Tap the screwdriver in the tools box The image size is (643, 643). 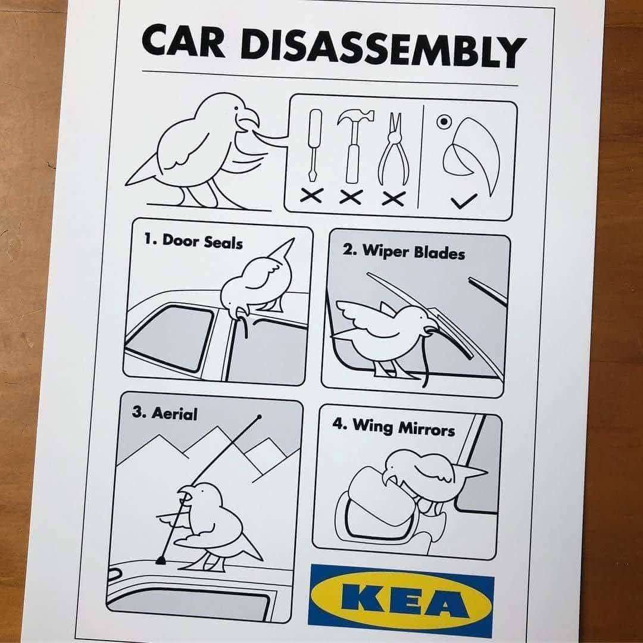(314, 146)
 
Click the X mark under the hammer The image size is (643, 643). (351, 197)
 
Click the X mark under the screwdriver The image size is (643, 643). (311, 195)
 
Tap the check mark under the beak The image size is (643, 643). (464, 201)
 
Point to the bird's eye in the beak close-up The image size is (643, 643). (445, 122)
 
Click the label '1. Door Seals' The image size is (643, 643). (193, 241)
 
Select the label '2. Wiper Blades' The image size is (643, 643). (404, 251)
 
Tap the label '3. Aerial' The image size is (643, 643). (164, 413)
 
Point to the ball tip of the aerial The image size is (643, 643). (259, 417)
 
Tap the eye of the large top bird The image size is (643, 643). (236, 108)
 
